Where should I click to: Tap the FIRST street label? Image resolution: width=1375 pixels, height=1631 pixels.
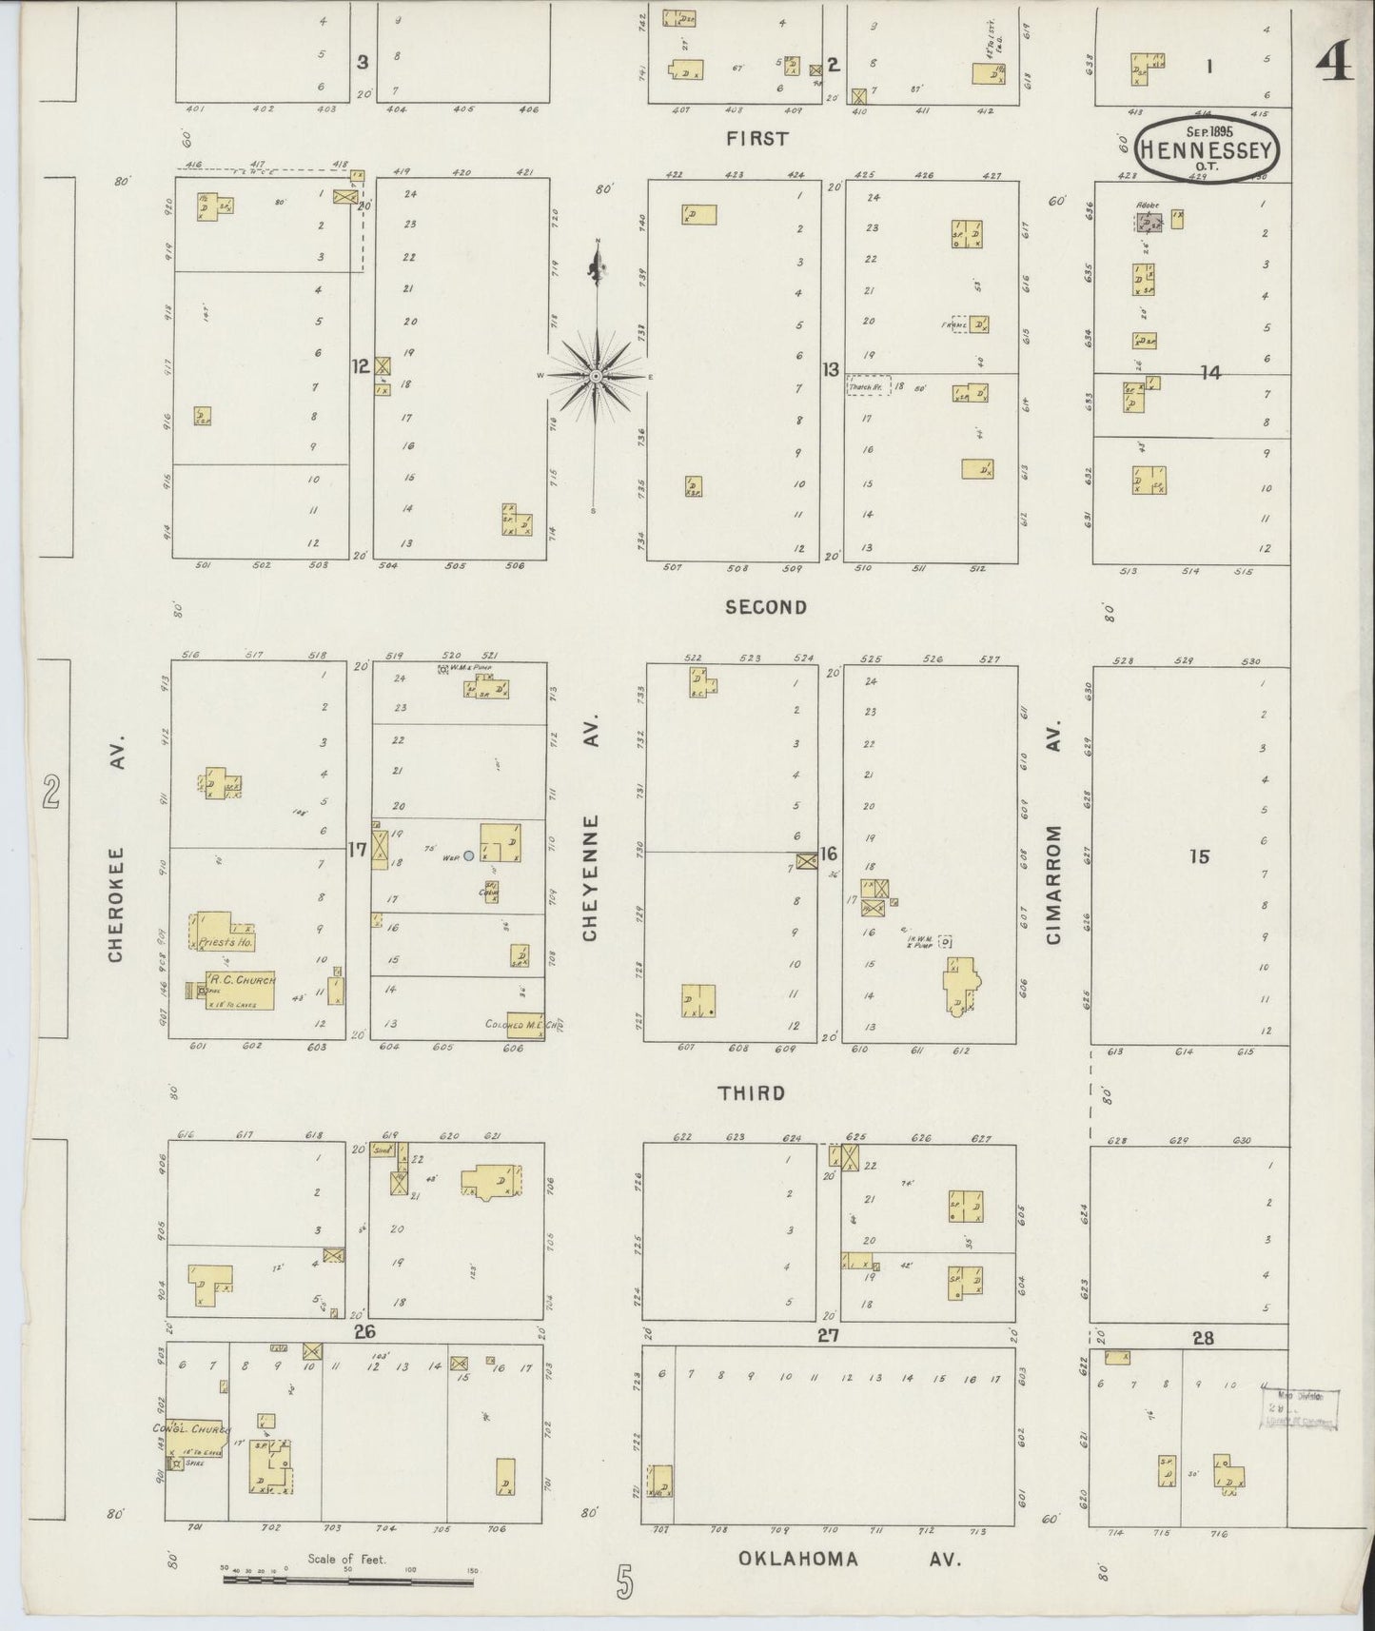point(756,139)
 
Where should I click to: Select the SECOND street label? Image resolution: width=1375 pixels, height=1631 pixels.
point(766,607)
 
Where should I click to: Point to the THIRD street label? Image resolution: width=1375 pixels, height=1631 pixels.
point(753,1093)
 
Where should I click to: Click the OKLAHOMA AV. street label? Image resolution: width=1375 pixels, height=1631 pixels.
point(850,1559)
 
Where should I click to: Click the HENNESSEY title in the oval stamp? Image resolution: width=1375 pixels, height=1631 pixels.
point(1208,150)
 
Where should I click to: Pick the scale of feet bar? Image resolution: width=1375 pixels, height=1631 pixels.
point(348,1582)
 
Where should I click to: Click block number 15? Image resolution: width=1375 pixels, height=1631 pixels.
point(1199,856)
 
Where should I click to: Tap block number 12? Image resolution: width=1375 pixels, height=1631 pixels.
point(360,366)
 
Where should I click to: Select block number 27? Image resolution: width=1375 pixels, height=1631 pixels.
point(828,1336)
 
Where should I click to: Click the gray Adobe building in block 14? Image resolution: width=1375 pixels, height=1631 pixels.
point(1148,223)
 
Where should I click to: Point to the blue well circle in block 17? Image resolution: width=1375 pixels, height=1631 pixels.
point(468,855)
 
